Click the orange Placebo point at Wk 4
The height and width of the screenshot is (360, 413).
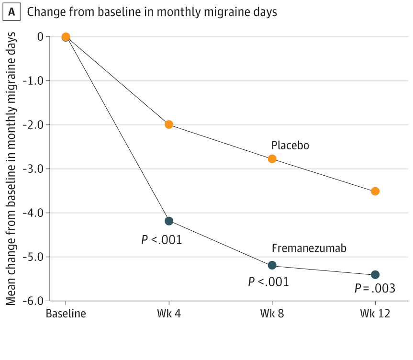pyautogui.click(x=168, y=124)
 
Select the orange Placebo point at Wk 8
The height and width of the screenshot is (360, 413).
pyautogui.click(x=272, y=159)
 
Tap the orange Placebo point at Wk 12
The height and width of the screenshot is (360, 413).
pyautogui.click(x=375, y=191)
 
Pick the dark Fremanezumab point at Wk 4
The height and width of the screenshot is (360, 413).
pyautogui.click(x=168, y=221)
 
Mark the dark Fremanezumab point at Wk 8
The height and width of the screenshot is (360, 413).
pyautogui.click(x=272, y=265)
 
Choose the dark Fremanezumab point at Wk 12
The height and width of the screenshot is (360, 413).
pyautogui.click(x=375, y=275)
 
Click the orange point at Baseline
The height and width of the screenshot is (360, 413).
pyautogui.click(x=66, y=37)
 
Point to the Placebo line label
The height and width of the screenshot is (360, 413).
pyautogui.click(x=290, y=145)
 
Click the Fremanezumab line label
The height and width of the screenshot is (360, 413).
pyautogui.click(x=309, y=248)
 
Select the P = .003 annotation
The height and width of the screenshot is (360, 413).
pyautogui.click(x=375, y=289)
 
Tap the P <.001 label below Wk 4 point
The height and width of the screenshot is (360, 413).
pyautogui.click(x=161, y=240)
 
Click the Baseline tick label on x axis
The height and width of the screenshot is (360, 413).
pyautogui.click(x=66, y=314)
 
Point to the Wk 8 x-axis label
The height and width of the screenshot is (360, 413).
pyautogui.click(x=272, y=314)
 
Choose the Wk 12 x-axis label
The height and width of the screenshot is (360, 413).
pyautogui.click(x=375, y=314)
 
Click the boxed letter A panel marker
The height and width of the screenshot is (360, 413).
pyautogui.click(x=12, y=12)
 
